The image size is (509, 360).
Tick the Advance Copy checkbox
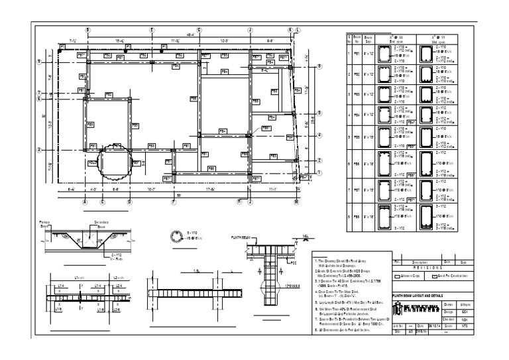(397, 277)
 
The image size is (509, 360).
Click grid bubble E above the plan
(152, 30)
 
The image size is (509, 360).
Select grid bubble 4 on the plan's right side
(319, 135)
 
